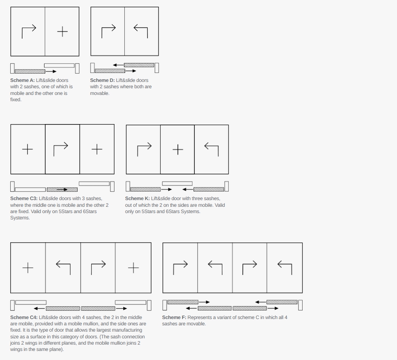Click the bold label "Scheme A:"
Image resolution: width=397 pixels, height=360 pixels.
click(x=22, y=80)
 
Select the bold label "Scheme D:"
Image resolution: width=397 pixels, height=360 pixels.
click(x=102, y=80)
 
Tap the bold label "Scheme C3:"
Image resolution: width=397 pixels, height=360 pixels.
click(x=24, y=199)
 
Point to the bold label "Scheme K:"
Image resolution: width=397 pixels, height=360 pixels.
click(x=137, y=199)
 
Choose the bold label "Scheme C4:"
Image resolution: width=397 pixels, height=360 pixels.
click(x=24, y=317)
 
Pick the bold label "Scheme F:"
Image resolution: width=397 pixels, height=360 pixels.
click(x=174, y=317)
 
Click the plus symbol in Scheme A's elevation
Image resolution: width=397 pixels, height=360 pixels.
click(x=63, y=32)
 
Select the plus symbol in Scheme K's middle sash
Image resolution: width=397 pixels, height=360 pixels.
click(x=178, y=150)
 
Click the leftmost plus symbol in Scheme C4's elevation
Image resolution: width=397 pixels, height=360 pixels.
click(x=28, y=268)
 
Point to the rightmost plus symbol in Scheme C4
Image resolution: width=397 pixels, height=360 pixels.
click(x=133, y=268)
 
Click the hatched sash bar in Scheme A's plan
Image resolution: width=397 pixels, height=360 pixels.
click(x=30, y=72)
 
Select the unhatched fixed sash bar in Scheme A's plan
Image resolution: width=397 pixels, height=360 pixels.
click(x=59, y=66)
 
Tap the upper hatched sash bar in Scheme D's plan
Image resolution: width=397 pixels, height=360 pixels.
click(x=139, y=65)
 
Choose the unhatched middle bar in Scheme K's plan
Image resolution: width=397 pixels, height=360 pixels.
click(x=177, y=184)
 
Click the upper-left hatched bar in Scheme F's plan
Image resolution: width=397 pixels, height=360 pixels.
click(x=183, y=302)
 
